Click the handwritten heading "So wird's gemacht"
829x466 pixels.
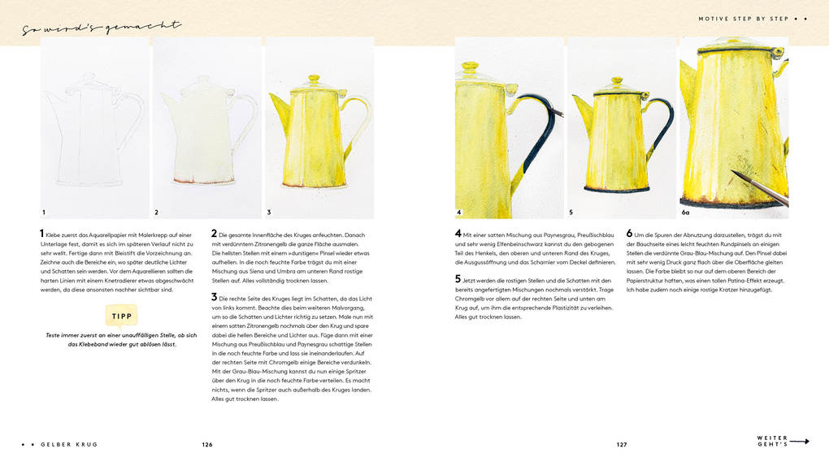click(x=102, y=28)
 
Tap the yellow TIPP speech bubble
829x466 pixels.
click(x=122, y=316)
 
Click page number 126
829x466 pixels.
click(x=207, y=444)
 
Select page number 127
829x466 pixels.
click(x=622, y=444)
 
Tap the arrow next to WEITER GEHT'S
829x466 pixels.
click(x=800, y=442)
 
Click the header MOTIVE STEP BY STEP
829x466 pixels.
click(x=743, y=19)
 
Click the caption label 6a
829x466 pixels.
click(x=686, y=213)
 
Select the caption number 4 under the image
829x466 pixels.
click(x=458, y=213)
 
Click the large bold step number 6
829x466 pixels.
click(x=629, y=234)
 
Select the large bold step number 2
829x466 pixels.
click(x=215, y=234)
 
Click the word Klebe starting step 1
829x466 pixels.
click(x=54, y=235)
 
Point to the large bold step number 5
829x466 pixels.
click(x=458, y=279)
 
